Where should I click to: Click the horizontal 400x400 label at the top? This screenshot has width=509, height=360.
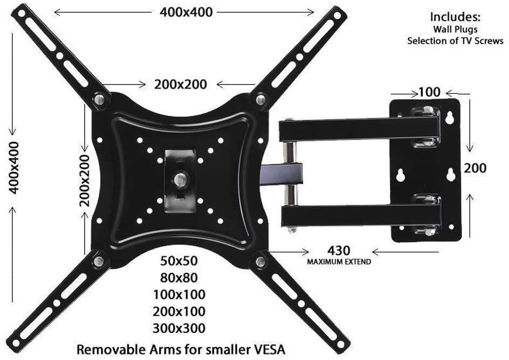click(x=185, y=12)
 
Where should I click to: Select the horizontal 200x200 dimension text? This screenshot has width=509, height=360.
click(x=181, y=84)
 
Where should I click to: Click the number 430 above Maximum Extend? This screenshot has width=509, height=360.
click(x=339, y=251)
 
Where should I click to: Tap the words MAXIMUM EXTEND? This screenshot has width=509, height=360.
click(x=339, y=262)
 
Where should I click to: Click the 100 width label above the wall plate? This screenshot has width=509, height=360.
click(x=429, y=92)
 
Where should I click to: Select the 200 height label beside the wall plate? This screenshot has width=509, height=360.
click(x=475, y=168)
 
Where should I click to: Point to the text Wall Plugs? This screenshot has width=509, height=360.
click(x=455, y=29)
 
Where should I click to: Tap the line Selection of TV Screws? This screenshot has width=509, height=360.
click(x=455, y=41)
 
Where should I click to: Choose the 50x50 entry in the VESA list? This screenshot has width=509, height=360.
click(x=179, y=261)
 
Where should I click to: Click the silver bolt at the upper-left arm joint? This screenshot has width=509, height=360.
click(x=99, y=99)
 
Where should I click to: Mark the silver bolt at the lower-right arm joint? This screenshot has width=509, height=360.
click(x=260, y=262)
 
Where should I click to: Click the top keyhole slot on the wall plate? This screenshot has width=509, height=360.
click(x=450, y=117)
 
